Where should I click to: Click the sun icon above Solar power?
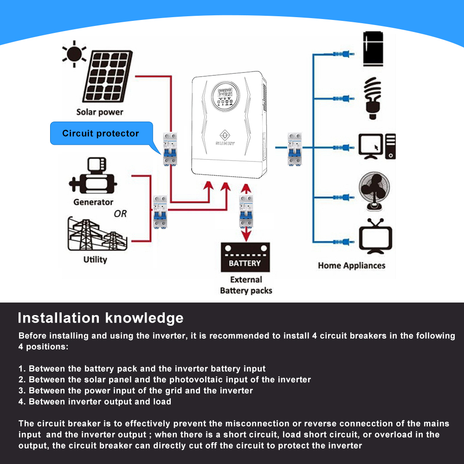click(73, 54)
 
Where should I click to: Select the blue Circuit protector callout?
click(101, 134)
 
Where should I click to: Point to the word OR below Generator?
click(120, 214)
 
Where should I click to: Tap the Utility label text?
click(95, 259)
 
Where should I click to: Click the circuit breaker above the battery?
click(246, 212)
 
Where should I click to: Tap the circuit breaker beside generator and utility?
click(160, 212)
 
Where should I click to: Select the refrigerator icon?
click(373, 49)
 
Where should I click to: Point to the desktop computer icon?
click(377, 147)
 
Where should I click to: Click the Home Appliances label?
click(351, 266)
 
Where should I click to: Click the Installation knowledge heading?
click(100, 318)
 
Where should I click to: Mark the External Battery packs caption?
click(246, 285)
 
